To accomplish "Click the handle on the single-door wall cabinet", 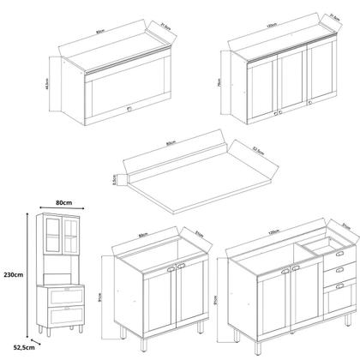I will (127, 109).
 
